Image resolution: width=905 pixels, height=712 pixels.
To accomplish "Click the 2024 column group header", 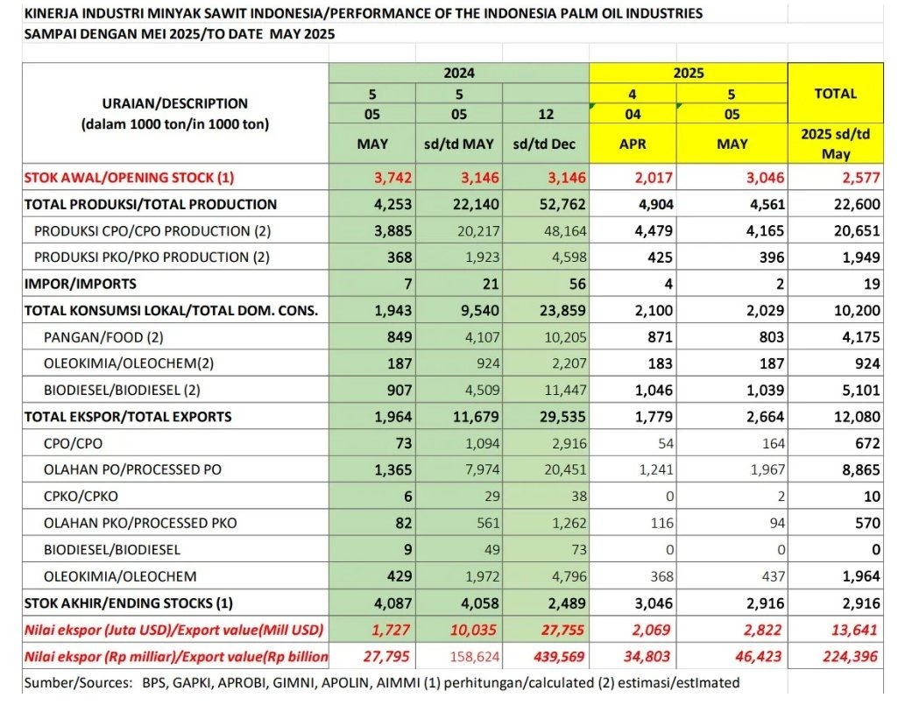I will (459, 73).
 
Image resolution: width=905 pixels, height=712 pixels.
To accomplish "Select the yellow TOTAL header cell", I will (835, 93).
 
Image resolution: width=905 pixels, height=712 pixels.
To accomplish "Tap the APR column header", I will (633, 144).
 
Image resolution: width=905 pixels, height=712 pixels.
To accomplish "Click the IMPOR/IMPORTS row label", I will (81, 284).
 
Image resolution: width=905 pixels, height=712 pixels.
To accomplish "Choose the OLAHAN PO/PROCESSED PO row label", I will (132, 469).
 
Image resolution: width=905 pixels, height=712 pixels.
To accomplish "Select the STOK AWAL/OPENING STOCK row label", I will (130, 178).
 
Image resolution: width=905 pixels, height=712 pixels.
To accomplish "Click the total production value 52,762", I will (554, 204).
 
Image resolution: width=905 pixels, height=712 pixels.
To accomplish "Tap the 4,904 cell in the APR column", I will (655, 204).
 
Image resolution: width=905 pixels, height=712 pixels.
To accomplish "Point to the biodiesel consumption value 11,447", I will (554, 390).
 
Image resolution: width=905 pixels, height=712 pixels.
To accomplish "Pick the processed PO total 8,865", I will (855, 469).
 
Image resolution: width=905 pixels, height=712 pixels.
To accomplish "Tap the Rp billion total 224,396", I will (848, 656).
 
